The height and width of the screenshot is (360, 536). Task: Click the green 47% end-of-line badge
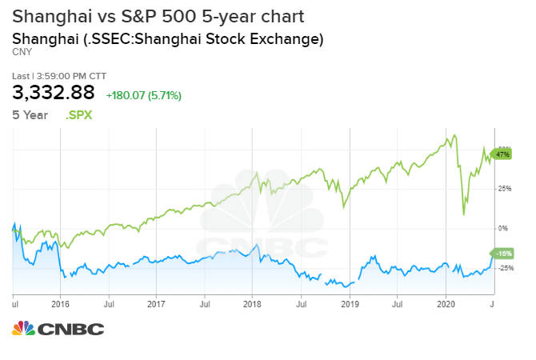[502, 154]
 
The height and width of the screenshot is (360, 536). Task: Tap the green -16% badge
[502, 254]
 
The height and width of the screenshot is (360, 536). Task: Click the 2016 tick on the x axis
[60, 304]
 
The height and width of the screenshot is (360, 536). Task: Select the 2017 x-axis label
[156, 304]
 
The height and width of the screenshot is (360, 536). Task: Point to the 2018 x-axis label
[252, 304]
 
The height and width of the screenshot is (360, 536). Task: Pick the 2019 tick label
[350, 304]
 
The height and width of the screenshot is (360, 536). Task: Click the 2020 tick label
[446, 304]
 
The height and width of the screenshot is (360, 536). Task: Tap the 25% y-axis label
[505, 188]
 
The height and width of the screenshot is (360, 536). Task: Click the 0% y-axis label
[503, 228]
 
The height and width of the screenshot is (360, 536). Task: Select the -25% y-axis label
[506, 268]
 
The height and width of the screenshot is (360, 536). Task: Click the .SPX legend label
[78, 115]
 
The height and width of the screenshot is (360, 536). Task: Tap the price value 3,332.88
[54, 92]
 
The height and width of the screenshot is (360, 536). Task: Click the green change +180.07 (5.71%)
[143, 95]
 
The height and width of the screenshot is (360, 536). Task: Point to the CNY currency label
[22, 52]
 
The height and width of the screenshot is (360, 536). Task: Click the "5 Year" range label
[30, 115]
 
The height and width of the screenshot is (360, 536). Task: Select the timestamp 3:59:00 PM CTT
[71, 76]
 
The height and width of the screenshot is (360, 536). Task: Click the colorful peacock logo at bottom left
[23, 328]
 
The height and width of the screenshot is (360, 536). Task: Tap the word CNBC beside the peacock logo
[70, 330]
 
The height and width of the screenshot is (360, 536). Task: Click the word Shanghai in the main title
[52, 17]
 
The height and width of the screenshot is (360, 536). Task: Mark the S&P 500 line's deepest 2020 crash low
[463, 214]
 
